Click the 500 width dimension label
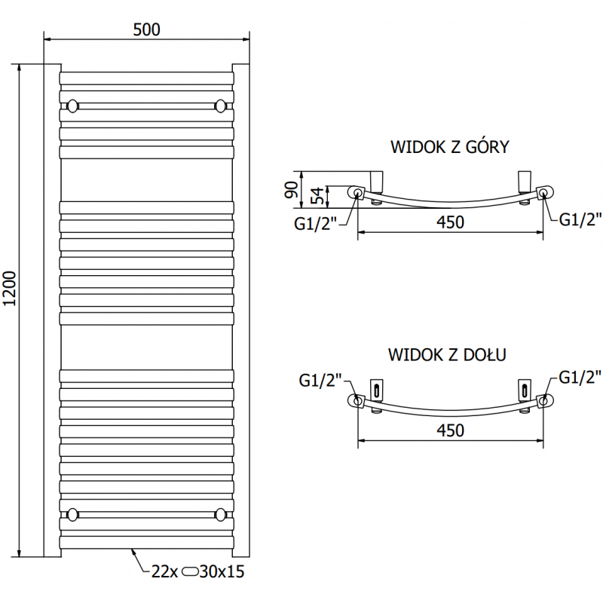coord(146,29)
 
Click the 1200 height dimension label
coord(10,289)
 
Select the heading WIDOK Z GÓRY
coord(449,147)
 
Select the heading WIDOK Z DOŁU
coord(447,353)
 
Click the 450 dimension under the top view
coord(449,222)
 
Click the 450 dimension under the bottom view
coord(449,430)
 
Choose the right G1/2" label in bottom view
coord(579,377)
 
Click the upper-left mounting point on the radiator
coord(72,105)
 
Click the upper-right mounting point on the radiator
coord(221,105)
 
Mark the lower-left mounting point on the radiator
coord(72,515)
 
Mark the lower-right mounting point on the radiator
coord(221,515)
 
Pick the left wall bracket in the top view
coord(378,181)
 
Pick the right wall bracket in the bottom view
coord(522,388)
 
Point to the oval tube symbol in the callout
coord(189,572)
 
